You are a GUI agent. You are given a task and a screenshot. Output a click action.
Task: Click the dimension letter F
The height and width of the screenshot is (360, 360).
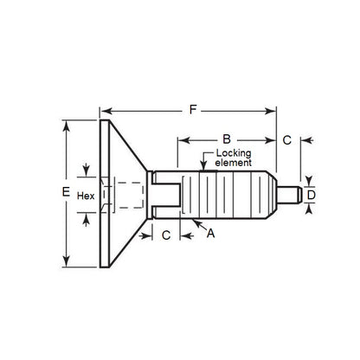(192, 110)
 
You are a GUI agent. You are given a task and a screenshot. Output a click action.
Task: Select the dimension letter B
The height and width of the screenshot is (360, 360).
(224, 138)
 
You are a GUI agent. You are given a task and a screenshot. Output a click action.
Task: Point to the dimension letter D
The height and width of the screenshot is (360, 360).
(312, 195)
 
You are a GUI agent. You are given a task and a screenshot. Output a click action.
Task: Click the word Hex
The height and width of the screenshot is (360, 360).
(85, 196)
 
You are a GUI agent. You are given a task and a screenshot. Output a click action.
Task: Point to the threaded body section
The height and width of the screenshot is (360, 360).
(228, 195)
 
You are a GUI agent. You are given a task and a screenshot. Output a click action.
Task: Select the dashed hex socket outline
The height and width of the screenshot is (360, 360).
(119, 196)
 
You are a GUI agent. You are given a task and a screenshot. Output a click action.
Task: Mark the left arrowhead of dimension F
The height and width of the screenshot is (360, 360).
(104, 111)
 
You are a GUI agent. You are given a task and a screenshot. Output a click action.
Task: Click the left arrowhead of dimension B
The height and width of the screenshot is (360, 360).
(180, 138)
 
